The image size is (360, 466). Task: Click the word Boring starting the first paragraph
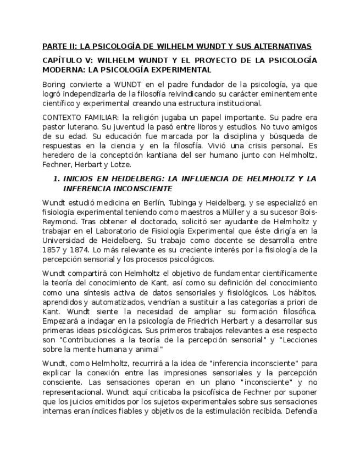[x=54, y=85]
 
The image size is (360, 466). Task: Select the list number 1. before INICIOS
[x=56, y=179]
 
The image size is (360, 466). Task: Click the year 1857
[x=52, y=249]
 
